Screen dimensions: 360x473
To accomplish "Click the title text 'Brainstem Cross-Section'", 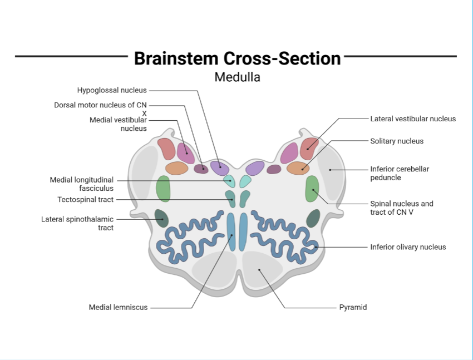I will [x=237, y=58].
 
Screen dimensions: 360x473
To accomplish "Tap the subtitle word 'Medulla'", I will [x=237, y=77].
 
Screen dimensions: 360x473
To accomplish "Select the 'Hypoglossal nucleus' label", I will [x=112, y=90].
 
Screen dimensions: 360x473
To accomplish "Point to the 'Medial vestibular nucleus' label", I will [x=118, y=124].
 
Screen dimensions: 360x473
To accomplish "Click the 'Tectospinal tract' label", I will [x=85, y=200].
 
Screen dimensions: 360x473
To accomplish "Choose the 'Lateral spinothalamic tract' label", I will [x=77, y=223].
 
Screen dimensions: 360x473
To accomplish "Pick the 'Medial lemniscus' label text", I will [x=118, y=307].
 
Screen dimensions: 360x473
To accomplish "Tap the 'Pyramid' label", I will [x=353, y=307].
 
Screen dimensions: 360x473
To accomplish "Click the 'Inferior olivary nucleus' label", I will [x=408, y=247].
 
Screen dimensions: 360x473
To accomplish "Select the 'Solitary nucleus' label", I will [x=397, y=141].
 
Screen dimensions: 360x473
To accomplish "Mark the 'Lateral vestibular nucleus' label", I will [x=413, y=119].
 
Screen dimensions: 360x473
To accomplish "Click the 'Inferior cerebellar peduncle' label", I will [x=400, y=173].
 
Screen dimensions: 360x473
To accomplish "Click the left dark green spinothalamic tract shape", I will [x=161, y=218].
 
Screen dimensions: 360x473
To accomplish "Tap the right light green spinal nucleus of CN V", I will [x=312, y=189].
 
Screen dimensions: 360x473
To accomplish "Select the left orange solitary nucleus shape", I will [x=177, y=168].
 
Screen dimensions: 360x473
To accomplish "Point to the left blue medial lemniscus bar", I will [x=231, y=231].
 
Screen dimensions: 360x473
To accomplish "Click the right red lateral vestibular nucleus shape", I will [x=308, y=148].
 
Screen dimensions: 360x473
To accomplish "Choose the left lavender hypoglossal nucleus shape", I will [x=220, y=167].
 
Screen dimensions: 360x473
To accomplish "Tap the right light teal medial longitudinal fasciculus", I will [x=245, y=181].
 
